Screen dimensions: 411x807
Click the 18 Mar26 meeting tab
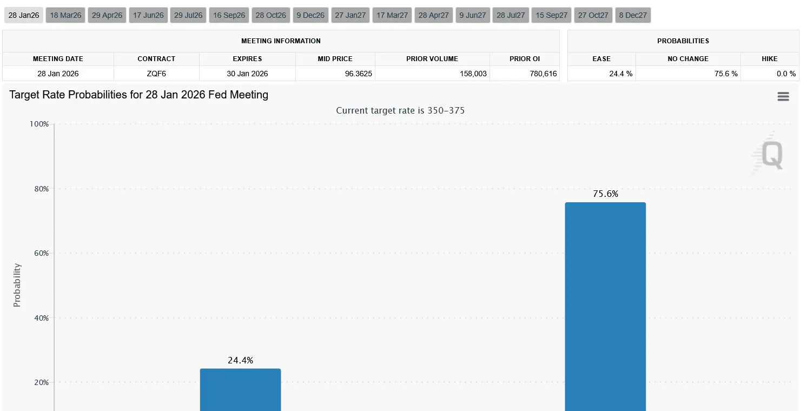65,15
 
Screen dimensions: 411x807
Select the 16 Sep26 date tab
229,15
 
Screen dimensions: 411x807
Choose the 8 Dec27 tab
633,15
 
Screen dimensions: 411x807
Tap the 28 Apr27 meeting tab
434,15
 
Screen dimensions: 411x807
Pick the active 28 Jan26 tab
24,15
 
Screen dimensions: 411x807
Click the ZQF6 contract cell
156,74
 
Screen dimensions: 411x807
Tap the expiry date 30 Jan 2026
247,74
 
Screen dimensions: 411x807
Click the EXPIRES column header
247,58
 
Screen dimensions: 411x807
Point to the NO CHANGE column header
687,58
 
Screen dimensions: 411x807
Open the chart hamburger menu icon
783,97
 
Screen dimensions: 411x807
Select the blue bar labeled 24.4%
240,389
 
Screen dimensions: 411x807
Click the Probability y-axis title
17,285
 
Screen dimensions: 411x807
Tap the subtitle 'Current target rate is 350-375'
400,110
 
